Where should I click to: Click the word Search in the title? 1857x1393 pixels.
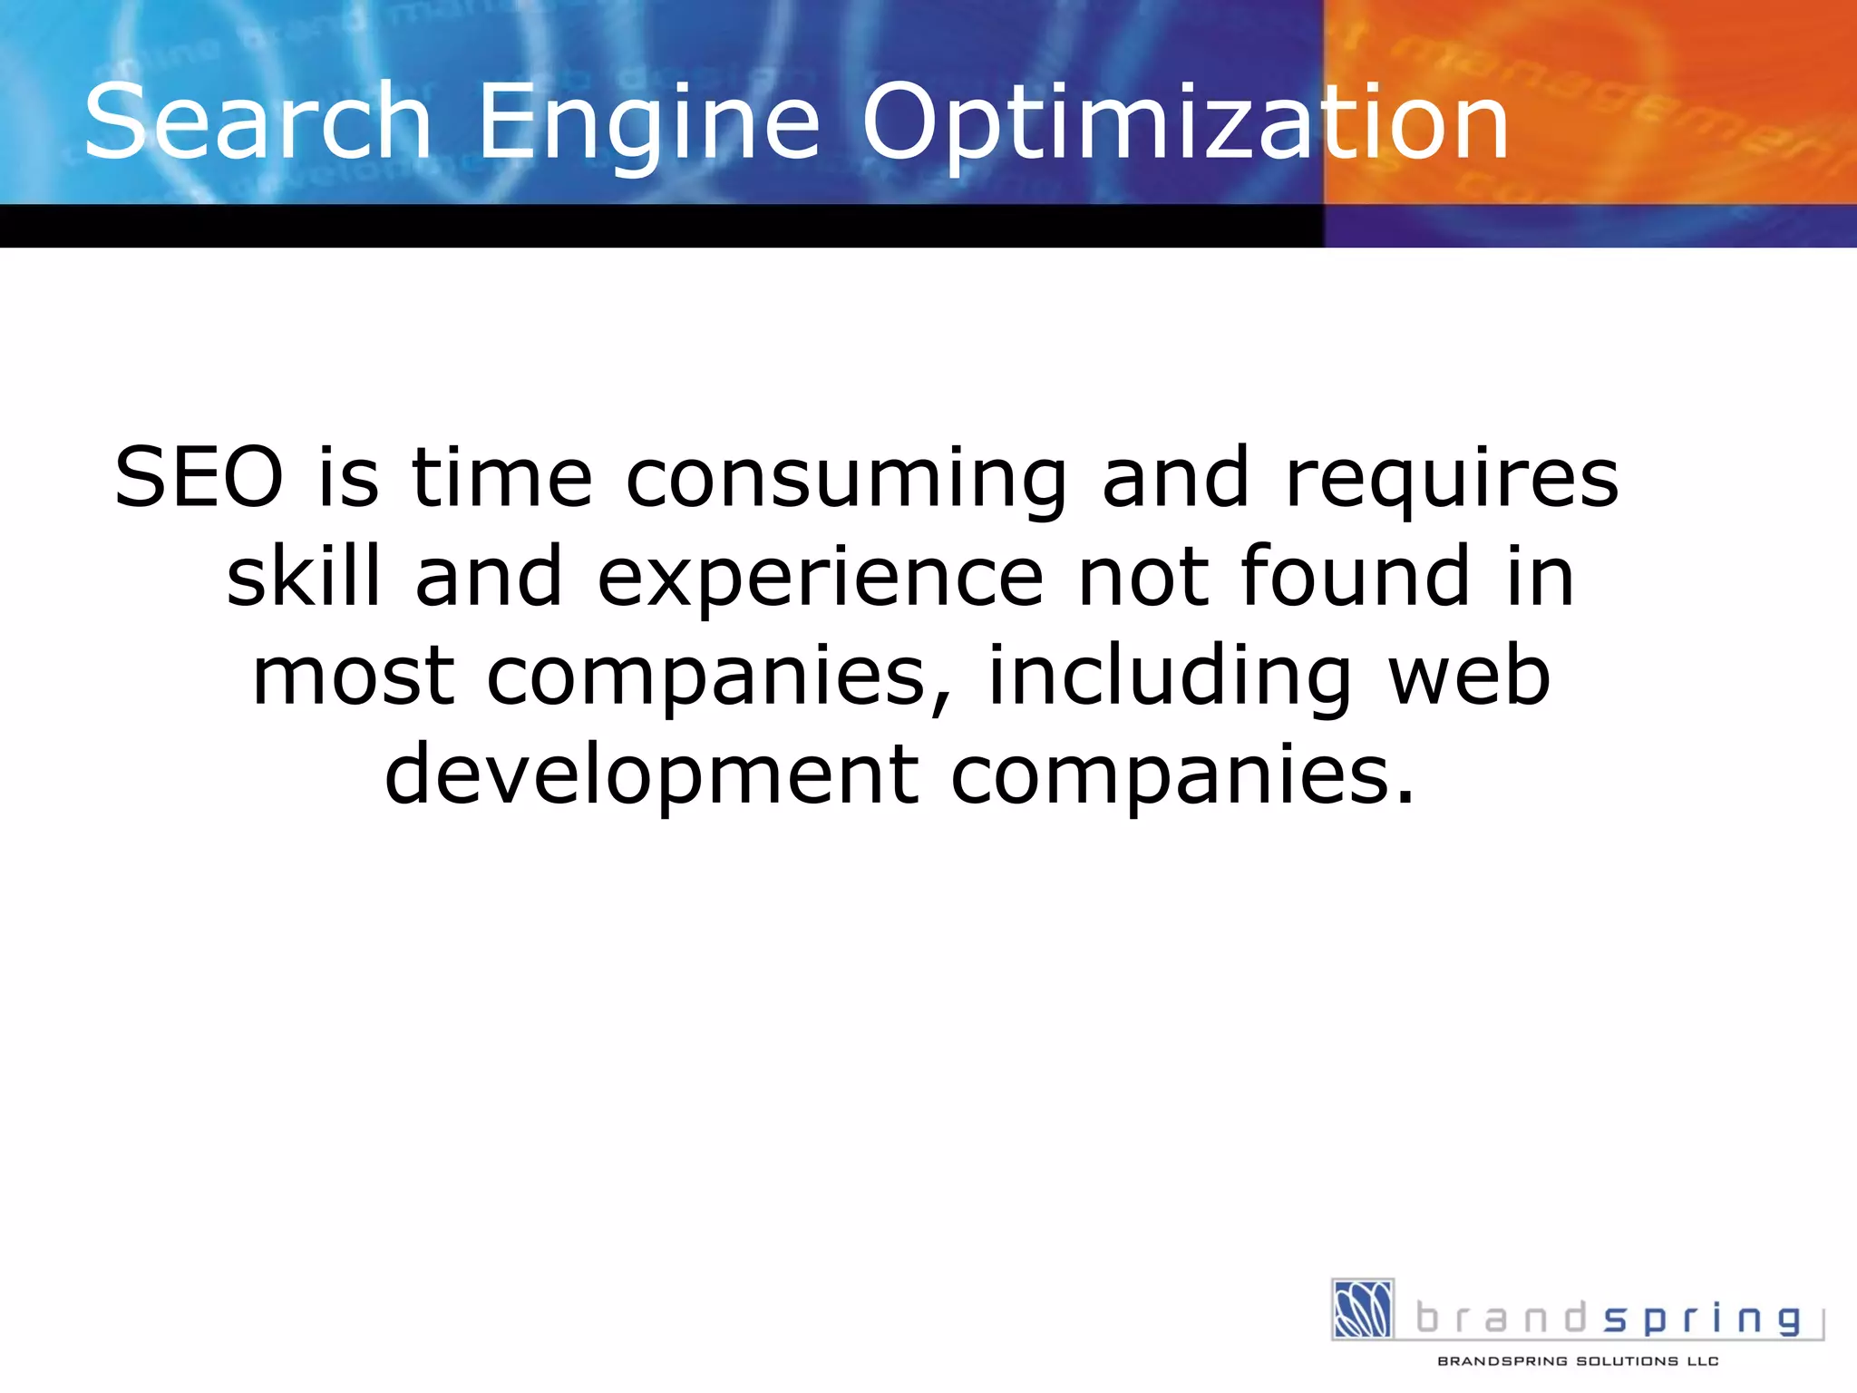click(258, 122)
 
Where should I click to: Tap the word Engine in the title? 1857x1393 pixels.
click(648, 122)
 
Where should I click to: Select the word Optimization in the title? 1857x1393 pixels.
click(1184, 122)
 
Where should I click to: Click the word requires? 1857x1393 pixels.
click(1452, 478)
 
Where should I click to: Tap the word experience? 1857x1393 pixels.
click(821, 577)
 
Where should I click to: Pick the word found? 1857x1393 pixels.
click(1355, 577)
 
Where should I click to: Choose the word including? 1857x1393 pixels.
click(1170, 676)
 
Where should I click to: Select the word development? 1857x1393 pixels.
click(652, 774)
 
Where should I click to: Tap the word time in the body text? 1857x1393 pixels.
click(502, 478)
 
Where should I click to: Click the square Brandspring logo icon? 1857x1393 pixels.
click(1363, 1309)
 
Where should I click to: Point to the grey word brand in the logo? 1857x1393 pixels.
click(1502, 1318)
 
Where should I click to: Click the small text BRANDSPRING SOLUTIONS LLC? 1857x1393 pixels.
click(1578, 1361)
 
